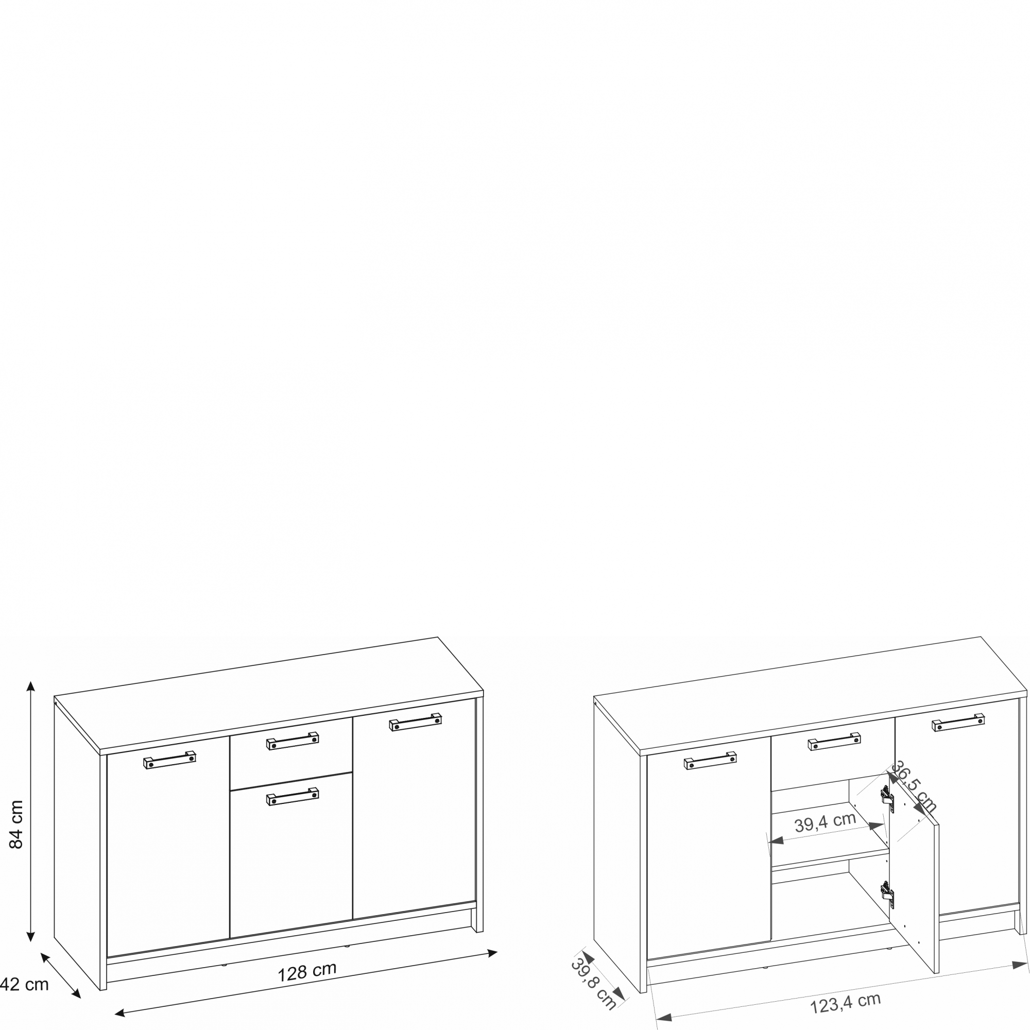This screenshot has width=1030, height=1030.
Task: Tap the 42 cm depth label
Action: pyautogui.click(x=24, y=984)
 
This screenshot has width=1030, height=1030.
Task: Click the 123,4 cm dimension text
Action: pyautogui.click(x=846, y=1003)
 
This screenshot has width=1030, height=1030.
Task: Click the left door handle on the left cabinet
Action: pyautogui.click(x=169, y=760)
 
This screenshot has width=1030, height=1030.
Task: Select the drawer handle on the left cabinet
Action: pyautogui.click(x=293, y=741)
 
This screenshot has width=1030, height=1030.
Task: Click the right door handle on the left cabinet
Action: pyautogui.click(x=415, y=723)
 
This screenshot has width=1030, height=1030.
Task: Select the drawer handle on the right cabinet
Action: pyautogui.click(x=834, y=741)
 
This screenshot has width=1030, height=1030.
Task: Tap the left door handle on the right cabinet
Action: pyautogui.click(x=711, y=760)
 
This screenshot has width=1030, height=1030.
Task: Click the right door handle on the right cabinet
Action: pyautogui.click(x=958, y=723)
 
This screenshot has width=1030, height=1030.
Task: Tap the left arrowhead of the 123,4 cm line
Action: pyautogui.click(x=664, y=1018)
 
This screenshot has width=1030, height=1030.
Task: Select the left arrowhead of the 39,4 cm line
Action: pyautogui.click(x=776, y=841)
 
